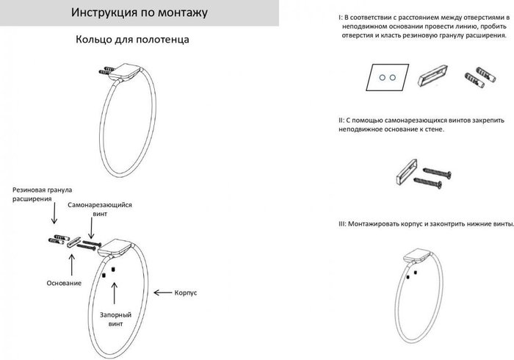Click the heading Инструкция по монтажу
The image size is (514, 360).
[x=140, y=12]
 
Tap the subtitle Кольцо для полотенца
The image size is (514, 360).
[x=132, y=40]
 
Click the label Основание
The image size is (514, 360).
[x=64, y=284]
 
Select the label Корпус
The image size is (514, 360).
[x=186, y=293]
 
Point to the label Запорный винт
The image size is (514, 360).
[x=116, y=320]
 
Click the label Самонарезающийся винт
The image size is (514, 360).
[x=100, y=209]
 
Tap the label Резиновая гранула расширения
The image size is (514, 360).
[x=42, y=194]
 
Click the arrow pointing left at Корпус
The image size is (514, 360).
[x=163, y=292]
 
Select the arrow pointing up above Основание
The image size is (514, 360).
[x=71, y=265]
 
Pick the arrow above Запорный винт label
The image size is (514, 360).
[x=114, y=293]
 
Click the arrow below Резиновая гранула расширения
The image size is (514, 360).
[x=54, y=213]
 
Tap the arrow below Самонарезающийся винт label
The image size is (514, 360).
[x=91, y=228]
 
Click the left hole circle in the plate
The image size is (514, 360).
[x=383, y=78]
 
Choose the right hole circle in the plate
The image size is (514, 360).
[x=392, y=78]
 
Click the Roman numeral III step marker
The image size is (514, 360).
[x=342, y=224]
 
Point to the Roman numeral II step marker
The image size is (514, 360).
[x=341, y=120]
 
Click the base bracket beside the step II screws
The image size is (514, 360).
[x=407, y=172]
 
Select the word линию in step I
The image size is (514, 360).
[x=462, y=26]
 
